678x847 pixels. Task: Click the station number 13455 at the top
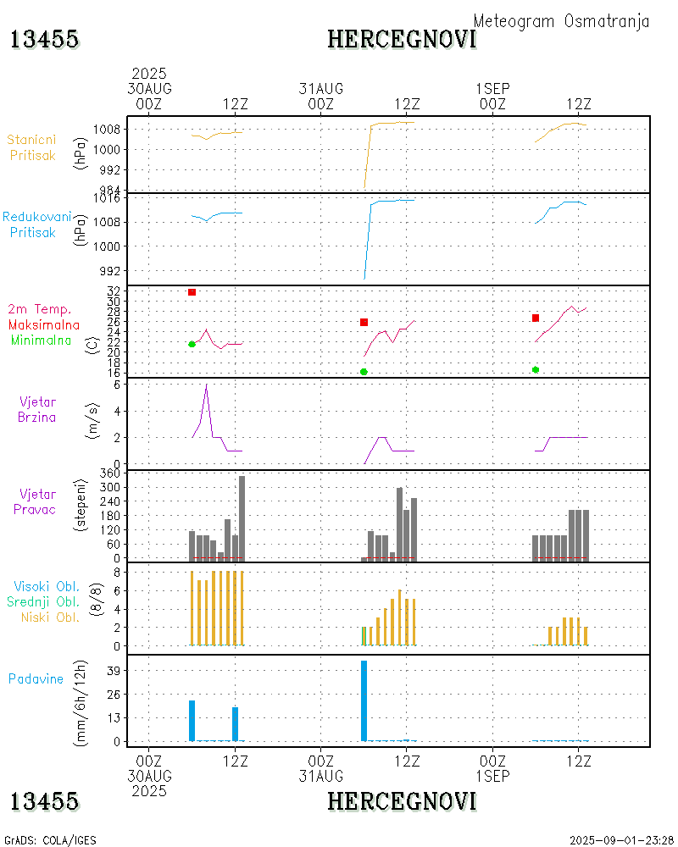(x=45, y=39)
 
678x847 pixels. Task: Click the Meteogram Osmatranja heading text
(x=561, y=21)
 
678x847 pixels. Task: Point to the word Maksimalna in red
(x=44, y=324)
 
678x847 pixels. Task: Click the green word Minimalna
(x=42, y=340)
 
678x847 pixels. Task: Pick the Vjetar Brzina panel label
(x=38, y=408)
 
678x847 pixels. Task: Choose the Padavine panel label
(x=36, y=678)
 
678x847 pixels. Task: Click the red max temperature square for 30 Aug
(x=192, y=292)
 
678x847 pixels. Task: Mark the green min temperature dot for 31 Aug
(x=364, y=372)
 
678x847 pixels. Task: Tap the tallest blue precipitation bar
(x=364, y=699)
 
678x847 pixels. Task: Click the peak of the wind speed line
(x=206, y=385)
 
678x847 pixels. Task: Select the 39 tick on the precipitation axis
(x=114, y=670)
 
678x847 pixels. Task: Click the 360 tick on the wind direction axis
(x=108, y=473)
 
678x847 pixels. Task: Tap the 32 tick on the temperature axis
(x=114, y=291)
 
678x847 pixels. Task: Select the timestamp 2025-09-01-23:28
(x=621, y=839)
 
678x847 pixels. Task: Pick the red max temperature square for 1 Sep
(x=536, y=318)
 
